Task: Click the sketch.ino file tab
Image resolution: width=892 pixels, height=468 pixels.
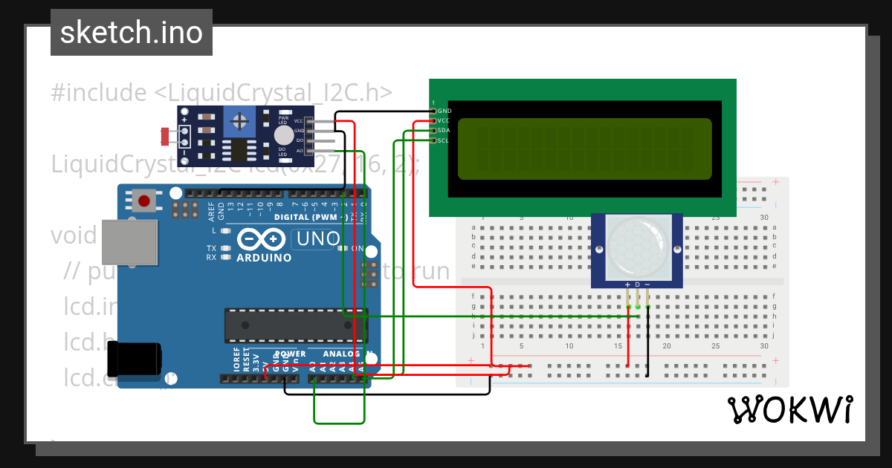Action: pyautogui.click(x=132, y=33)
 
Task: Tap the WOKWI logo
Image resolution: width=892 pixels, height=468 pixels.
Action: pyautogui.click(x=789, y=409)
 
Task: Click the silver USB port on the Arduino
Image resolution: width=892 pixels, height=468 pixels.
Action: pyautogui.click(x=129, y=241)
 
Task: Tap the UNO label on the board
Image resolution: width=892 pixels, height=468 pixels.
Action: pyautogui.click(x=317, y=239)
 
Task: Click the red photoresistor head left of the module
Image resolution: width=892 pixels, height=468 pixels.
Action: pyautogui.click(x=164, y=136)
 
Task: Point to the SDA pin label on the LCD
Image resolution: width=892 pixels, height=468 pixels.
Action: pyautogui.click(x=444, y=130)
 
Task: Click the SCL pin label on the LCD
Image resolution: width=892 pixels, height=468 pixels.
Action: pyautogui.click(x=444, y=140)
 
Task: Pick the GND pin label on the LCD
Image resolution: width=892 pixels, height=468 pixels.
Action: pyautogui.click(x=445, y=111)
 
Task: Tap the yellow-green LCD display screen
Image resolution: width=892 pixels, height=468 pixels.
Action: pyautogui.click(x=584, y=149)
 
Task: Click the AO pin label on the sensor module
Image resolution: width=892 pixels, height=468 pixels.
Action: pyautogui.click(x=300, y=150)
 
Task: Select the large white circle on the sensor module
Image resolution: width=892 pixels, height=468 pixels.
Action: pyautogui.click(x=283, y=134)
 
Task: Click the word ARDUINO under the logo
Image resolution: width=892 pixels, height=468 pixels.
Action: pyautogui.click(x=264, y=258)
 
